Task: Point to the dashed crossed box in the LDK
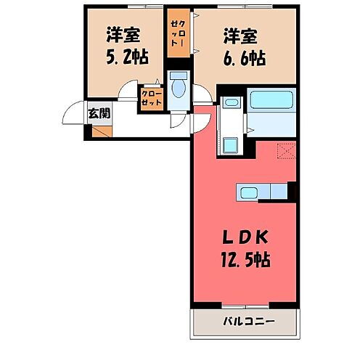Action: pyautogui.click(x=287, y=151)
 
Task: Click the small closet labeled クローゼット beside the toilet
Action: pyautogui.click(x=151, y=99)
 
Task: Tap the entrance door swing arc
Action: pyautogui.click(x=75, y=113)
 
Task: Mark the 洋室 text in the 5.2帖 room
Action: pyautogui.click(x=123, y=33)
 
